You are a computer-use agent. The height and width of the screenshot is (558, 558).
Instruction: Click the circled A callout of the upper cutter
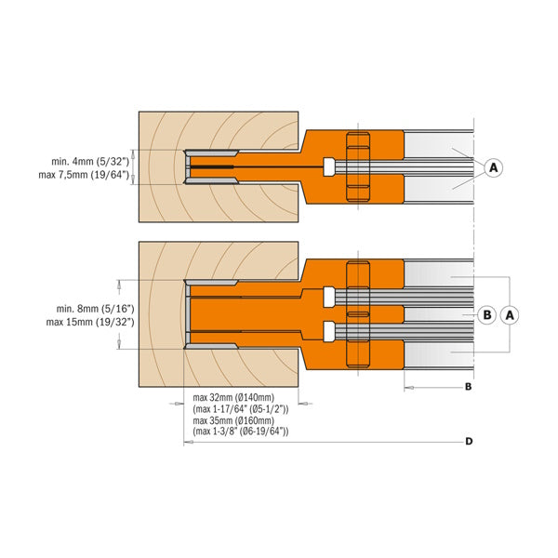point(494,167)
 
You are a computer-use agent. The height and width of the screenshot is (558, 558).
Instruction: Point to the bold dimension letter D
point(469,442)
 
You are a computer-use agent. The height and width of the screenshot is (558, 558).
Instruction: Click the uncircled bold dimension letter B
point(469,385)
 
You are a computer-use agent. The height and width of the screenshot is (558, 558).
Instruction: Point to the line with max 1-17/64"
point(240,408)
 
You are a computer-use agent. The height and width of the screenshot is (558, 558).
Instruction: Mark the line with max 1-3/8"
point(240,432)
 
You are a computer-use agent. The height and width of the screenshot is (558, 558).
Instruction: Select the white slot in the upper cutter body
point(329,166)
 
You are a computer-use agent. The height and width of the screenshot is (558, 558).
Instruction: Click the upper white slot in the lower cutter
point(329,297)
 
